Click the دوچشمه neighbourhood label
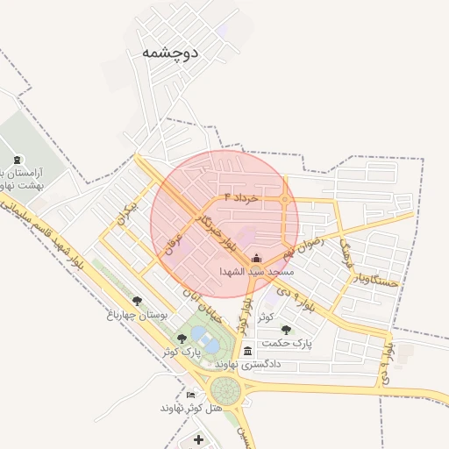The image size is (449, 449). (x=170, y=53)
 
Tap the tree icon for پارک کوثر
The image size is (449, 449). (x=182, y=339)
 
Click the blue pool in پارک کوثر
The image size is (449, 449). (x=200, y=337)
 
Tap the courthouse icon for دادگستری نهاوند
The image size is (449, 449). (x=248, y=352)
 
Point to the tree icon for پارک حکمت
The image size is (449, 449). (x=286, y=330)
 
